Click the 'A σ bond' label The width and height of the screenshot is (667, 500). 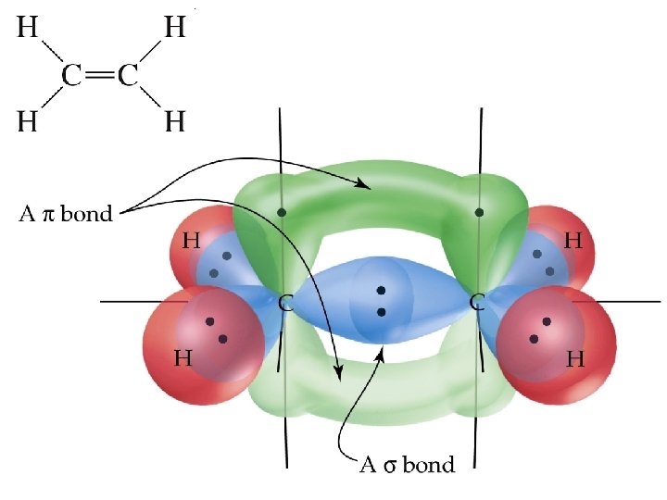coord(407,464)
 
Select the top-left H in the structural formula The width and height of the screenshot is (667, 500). coord(28,29)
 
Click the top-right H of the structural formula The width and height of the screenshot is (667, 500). coord(174,29)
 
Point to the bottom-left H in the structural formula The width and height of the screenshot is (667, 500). coord(28,121)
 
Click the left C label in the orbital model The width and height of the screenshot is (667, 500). coord(287,303)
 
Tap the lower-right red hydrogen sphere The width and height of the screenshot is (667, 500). coord(556,343)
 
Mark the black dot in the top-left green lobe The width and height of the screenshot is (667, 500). coord(282,212)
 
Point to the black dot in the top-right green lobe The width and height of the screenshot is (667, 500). coord(479,212)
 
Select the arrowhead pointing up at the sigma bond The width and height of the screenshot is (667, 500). coord(379,353)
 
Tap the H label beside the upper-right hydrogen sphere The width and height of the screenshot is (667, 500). coord(573,242)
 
